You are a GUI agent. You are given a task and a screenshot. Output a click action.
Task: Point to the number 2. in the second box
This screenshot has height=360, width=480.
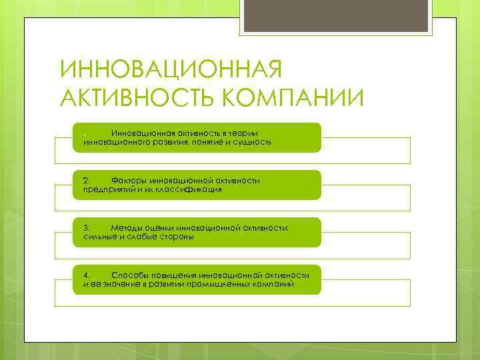(86, 181)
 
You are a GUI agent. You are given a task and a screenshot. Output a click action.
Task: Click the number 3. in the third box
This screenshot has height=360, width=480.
(86, 228)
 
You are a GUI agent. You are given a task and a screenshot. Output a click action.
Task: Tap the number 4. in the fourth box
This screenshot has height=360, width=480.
(86, 275)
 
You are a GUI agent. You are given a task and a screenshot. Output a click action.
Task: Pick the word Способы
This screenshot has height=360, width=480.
(131, 275)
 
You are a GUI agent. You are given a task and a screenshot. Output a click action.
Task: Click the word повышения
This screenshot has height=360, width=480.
(175, 275)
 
